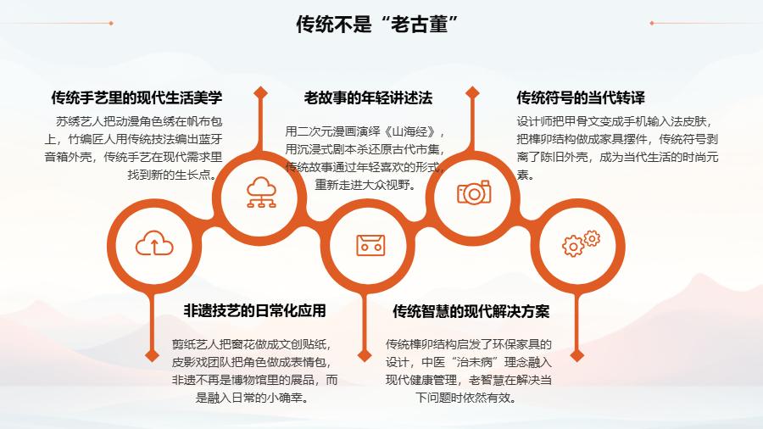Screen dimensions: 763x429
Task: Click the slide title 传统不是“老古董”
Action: [377, 24]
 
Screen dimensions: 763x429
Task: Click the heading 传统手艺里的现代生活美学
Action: [136, 97]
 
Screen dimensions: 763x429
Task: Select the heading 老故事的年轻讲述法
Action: [368, 97]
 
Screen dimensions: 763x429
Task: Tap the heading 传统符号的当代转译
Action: [581, 97]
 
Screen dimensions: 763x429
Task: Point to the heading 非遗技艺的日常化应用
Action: [254, 311]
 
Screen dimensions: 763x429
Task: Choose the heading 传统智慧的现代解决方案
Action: [471, 311]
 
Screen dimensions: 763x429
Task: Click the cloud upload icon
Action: [154, 243]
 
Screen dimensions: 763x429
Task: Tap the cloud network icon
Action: [261, 192]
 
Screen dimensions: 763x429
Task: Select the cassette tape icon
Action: [370, 245]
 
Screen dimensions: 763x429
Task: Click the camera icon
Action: [474, 192]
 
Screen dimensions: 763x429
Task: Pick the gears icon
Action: [581, 243]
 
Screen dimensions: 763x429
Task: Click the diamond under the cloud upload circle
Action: [153, 355]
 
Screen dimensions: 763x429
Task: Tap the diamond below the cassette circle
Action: [365, 355]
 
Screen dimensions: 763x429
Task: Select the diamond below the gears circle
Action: [577, 355]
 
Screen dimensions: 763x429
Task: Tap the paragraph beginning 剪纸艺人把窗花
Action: [254, 371]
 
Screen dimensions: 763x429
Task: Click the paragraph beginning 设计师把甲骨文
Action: [617, 148]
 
